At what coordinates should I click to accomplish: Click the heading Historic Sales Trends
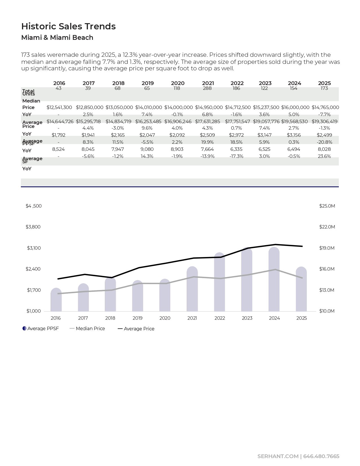(x=68, y=26)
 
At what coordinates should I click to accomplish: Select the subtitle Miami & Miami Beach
(x=57, y=38)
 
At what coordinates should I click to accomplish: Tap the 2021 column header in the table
(x=208, y=83)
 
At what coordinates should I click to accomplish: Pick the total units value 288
(x=207, y=88)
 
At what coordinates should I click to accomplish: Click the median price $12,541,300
(x=59, y=108)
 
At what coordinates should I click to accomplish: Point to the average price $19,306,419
(x=325, y=121)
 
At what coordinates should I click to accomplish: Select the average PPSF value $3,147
(x=264, y=135)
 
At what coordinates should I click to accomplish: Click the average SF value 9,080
(x=147, y=149)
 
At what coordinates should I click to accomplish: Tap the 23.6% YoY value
(x=324, y=156)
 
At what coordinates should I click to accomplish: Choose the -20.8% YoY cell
(x=324, y=142)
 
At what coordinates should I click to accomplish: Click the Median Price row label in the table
(x=31, y=104)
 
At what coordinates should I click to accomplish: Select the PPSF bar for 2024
(x=274, y=280)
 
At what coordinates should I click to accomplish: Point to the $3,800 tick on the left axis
(x=33, y=227)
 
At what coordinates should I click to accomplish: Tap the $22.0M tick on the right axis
(x=327, y=227)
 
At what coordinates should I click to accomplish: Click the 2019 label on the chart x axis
(x=138, y=318)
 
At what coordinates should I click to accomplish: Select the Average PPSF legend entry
(x=41, y=329)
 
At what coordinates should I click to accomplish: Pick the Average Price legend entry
(x=136, y=329)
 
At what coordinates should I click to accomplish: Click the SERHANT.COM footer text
(x=278, y=456)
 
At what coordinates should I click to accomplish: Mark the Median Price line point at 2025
(x=302, y=278)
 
